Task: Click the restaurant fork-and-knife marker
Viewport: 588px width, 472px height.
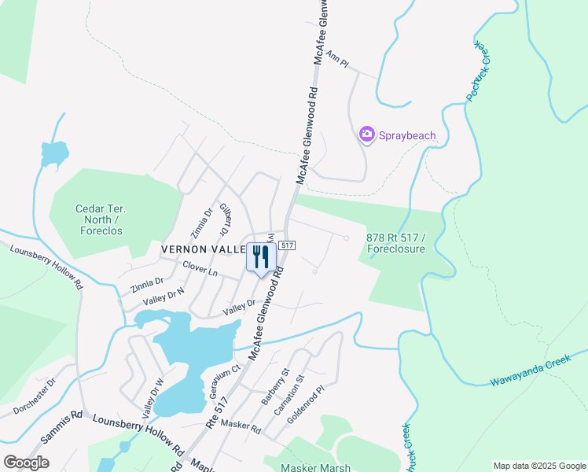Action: pyautogui.click(x=261, y=256)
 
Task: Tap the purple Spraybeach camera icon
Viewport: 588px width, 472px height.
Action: pyautogui.click(x=366, y=135)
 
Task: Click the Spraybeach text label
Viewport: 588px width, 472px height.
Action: pyautogui.click(x=407, y=135)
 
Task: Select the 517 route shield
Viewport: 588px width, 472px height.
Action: pyautogui.click(x=287, y=246)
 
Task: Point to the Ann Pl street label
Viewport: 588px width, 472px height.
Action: pyautogui.click(x=336, y=57)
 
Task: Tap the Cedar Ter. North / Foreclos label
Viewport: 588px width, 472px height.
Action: pyautogui.click(x=101, y=219)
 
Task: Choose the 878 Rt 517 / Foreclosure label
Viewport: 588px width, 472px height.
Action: pyautogui.click(x=396, y=244)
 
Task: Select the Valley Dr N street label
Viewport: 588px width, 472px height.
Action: pyautogui.click(x=164, y=297)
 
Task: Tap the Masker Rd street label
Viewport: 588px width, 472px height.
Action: pyautogui.click(x=241, y=426)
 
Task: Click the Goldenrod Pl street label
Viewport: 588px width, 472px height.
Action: pyautogui.click(x=305, y=405)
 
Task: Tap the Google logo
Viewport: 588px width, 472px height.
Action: pyautogui.click(x=26, y=463)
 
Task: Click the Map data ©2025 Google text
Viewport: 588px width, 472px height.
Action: pyautogui.click(x=538, y=466)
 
